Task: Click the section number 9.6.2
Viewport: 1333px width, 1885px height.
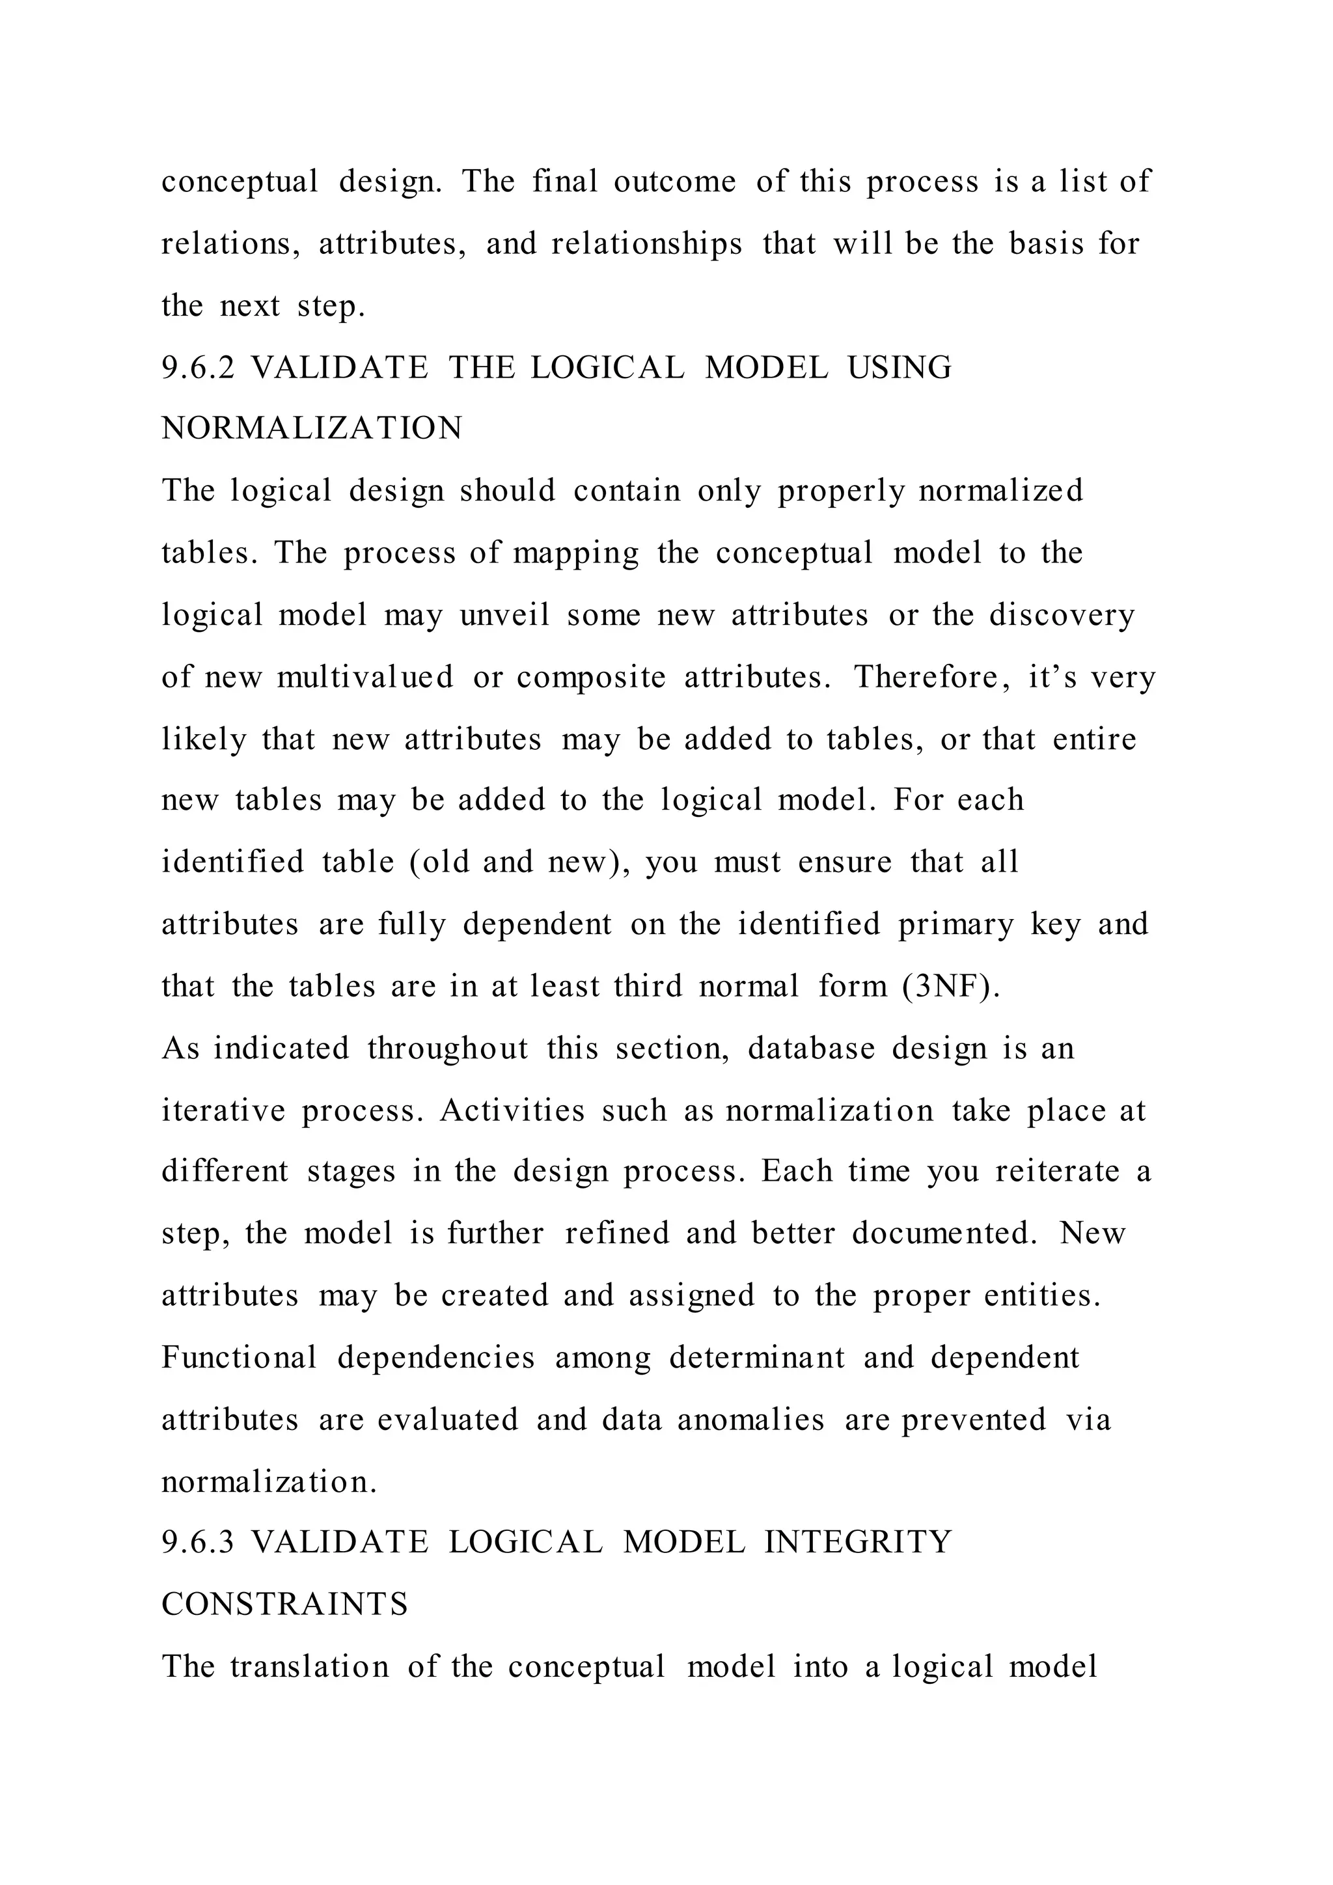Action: (197, 367)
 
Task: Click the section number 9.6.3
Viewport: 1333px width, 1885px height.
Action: (197, 1542)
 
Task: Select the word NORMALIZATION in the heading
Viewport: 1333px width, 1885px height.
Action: (312, 428)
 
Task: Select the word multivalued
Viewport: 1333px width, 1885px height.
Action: (364, 678)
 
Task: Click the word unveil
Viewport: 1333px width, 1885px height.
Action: (504, 615)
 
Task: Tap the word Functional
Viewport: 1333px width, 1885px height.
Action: (239, 1357)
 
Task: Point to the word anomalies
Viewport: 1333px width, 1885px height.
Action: (750, 1420)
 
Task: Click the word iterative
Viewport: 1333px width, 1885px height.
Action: (223, 1110)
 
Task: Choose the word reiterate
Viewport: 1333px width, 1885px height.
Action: (1057, 1171)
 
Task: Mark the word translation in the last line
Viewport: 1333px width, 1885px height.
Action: (309, 1666)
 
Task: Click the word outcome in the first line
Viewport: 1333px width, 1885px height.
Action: (675, 182)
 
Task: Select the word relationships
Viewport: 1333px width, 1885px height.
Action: (647, 244)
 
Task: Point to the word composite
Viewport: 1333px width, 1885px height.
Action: (591, 678)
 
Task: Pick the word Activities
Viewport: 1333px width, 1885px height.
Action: (512, 1110)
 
